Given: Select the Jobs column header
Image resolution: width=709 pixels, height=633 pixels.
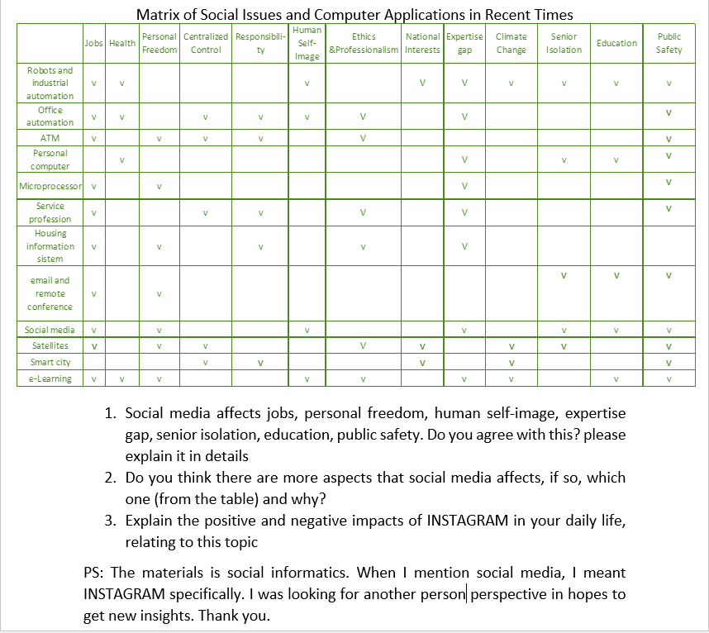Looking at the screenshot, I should coord(93,43).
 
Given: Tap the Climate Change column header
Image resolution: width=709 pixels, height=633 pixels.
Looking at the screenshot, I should coord(511,43).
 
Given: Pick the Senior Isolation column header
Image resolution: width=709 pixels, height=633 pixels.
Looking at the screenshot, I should coord(564,43).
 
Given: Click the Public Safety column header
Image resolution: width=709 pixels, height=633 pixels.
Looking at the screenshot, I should coord(669,43).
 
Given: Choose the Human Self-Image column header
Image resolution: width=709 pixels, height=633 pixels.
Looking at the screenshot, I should coord(307,43).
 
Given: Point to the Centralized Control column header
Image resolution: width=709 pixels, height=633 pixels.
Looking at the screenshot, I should coord(206,43).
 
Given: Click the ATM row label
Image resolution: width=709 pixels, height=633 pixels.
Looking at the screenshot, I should coord(50,138).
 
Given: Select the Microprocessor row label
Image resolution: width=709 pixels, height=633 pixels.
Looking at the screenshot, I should coord(50,187).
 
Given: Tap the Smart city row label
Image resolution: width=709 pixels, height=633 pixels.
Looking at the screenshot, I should coord(50,363).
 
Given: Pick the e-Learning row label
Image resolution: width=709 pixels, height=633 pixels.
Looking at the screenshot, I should coord(50,379).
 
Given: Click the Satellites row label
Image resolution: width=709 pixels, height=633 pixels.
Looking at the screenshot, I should coord(50,346).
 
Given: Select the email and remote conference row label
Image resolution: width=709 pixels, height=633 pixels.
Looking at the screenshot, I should coord(50,293).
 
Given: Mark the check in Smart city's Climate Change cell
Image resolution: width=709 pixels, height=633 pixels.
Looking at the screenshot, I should coord(511,363).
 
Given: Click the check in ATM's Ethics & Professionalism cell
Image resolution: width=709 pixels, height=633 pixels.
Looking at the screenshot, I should coord(363,138).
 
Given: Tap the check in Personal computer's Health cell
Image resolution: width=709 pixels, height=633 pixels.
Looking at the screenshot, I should coord(121,159).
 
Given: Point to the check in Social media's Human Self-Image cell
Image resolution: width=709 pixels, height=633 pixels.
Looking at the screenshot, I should coord(307,331).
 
